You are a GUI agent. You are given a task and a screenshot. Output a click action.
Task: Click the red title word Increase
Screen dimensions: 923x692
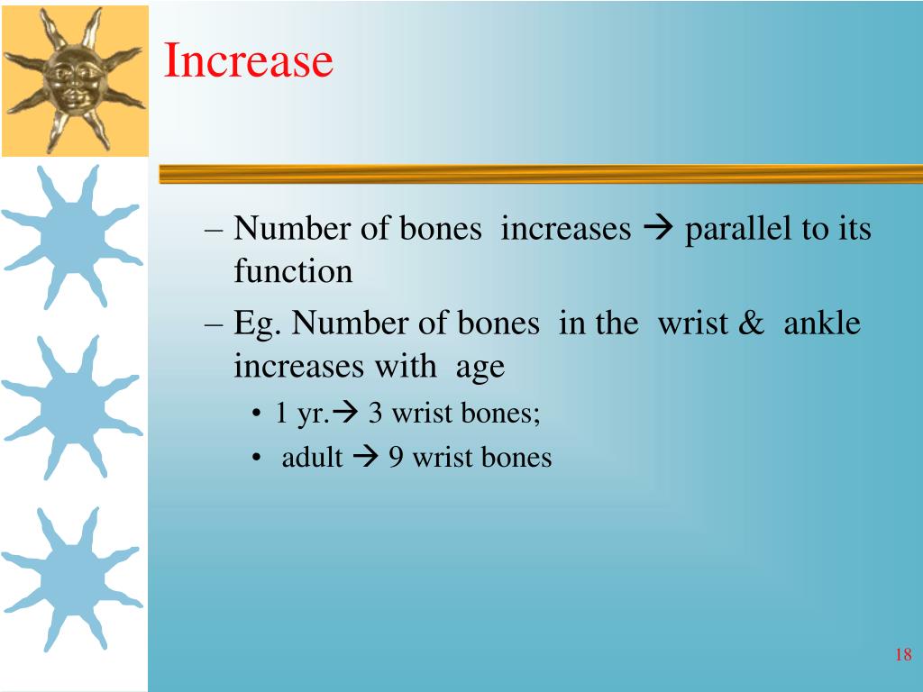pos(248,60)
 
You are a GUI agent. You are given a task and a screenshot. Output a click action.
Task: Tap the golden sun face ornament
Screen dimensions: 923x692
pos(75,80)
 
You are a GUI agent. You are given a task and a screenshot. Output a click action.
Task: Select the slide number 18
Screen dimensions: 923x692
pos(903,654)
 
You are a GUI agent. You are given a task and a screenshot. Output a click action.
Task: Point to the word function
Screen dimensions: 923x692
pos(293,270)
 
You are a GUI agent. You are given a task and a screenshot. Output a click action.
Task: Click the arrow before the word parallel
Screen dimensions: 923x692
pos(658,228)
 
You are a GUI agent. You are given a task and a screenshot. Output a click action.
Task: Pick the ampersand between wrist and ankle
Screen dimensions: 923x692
pos(751,323)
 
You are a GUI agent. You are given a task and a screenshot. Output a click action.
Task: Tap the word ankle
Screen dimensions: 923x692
pos(822,323)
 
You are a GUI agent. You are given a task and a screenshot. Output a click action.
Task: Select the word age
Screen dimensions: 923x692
pos(480,368)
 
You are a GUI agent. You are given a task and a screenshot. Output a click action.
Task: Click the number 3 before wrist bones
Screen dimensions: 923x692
pos(375,413)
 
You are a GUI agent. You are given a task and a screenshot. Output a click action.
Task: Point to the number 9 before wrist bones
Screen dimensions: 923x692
pos(396,457)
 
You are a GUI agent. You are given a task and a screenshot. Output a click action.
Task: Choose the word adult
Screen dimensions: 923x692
pos(312,457)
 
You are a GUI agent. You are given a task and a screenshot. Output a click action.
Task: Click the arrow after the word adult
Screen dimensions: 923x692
pos(366,457)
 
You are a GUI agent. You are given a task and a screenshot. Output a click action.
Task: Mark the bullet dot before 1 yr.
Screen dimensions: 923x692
pos(255,413)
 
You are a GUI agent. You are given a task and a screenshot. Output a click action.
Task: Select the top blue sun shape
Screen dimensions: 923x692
pos(72,237)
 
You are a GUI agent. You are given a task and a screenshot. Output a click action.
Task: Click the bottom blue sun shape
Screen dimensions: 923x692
pos(72,579)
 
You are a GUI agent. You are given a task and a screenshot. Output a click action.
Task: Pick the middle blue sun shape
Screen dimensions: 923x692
pos(72,407)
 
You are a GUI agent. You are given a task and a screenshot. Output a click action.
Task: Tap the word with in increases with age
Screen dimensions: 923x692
pos(406,366)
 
